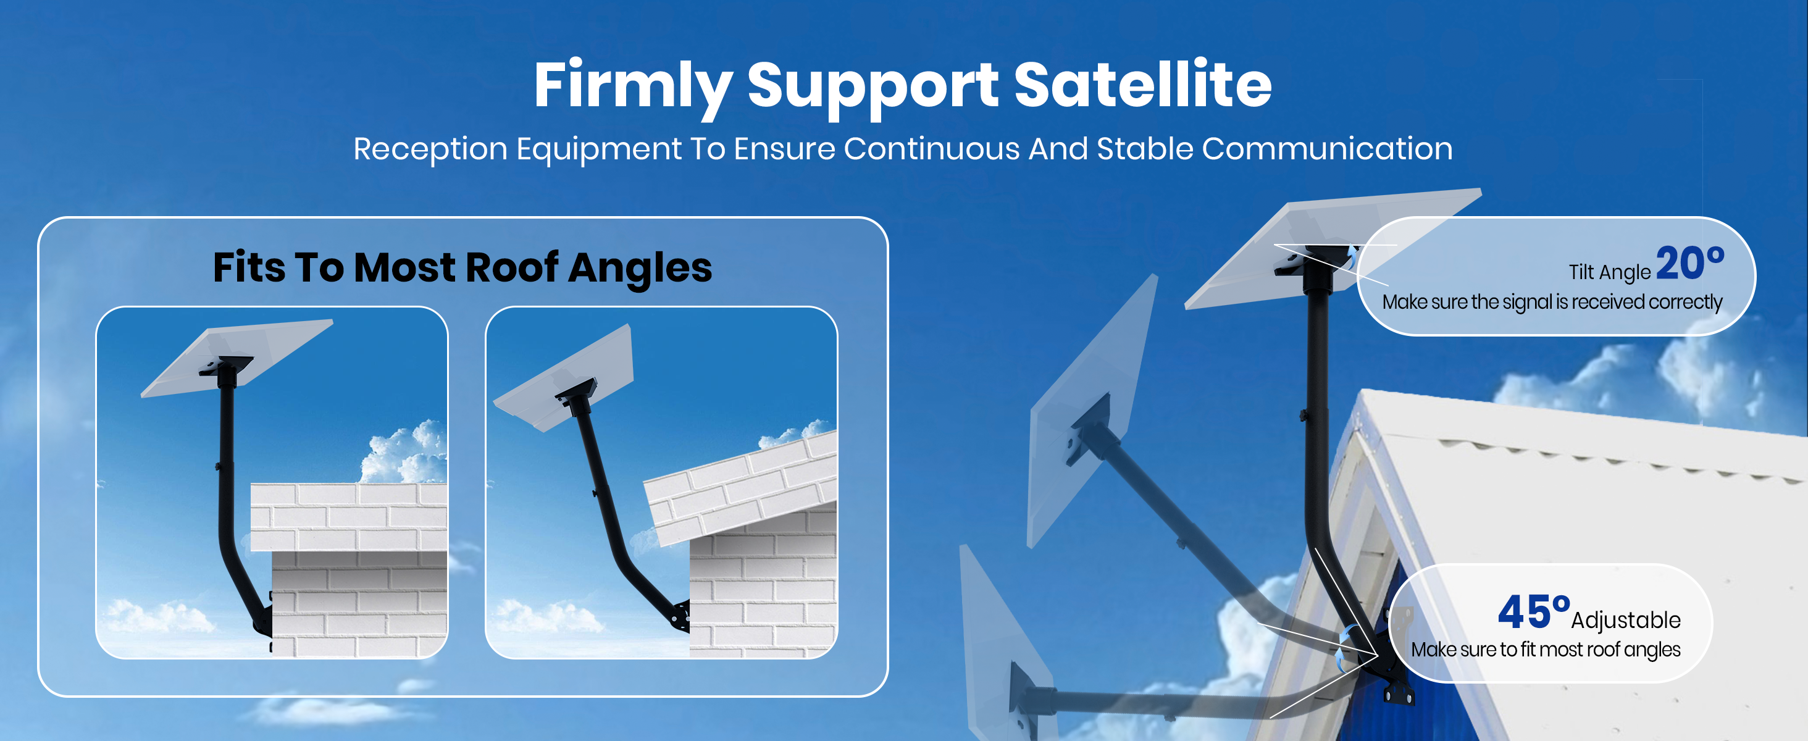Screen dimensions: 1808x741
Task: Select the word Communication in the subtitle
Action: point(1326,149)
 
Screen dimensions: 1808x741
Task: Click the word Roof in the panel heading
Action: point(512,267)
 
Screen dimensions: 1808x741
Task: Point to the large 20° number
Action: point(1689,263)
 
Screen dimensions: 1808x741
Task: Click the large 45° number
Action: point(1533,611)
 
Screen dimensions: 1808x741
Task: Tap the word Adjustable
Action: point(1625,621)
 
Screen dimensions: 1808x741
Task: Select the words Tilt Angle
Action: point(1609,272)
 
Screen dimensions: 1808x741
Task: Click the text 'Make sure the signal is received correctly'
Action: point(1552,303)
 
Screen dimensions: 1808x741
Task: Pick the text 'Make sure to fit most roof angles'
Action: point(1546,650)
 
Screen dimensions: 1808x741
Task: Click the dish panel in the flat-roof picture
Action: point(237,357)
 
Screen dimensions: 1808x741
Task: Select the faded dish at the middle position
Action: point(1091,411)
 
